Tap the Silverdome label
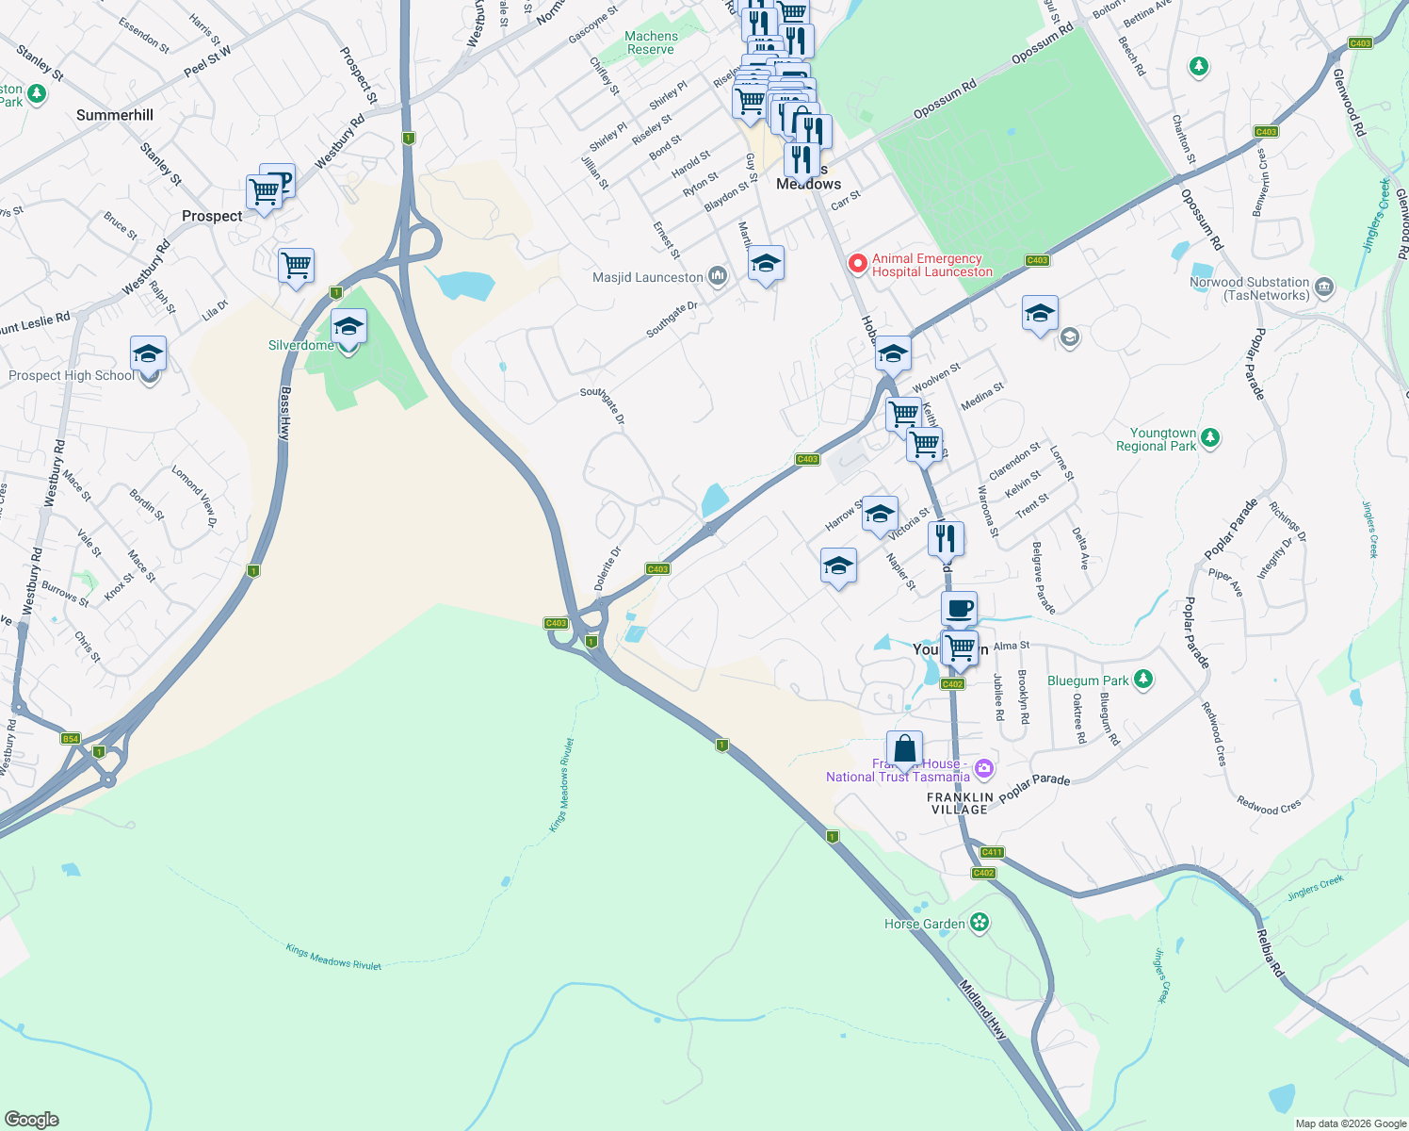point(300,346)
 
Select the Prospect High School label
point(72,375)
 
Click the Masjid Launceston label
point(648,277)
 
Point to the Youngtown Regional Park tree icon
point(1210,437)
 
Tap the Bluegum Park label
point(1088,680)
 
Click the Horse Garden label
point(924,924)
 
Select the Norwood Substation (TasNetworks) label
point(1249,288)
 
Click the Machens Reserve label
point(651,42)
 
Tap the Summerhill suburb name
point(115,115)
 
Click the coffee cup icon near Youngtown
point(959,609)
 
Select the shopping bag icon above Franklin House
point(904,749)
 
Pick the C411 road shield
point(992,852)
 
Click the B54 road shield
point(71,738)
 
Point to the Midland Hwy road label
point(982,1009)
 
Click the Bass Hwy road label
point(284,414)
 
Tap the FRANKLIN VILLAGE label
point(960,803)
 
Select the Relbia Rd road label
point(1270,953)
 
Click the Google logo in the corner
point(31,1119)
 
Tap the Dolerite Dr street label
point(607,568)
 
